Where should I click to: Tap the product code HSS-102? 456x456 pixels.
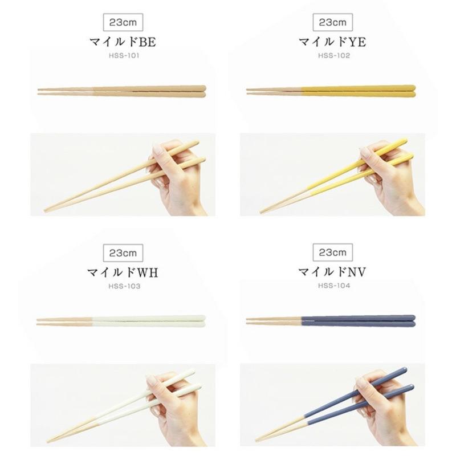click(x=333, y=56)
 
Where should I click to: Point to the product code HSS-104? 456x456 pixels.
click(x=333, y=286)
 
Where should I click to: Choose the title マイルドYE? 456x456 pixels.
click(x=333, y=42)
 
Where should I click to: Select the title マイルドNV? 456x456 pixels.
click(x=333, y=272)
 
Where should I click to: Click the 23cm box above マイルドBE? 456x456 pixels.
click(x=123, y=22)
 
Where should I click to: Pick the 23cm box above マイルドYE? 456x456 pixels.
click(x=333, y=22)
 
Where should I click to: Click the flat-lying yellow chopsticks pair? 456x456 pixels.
click(x=331, y=90)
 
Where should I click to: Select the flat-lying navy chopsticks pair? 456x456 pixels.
click(x=331, y=320)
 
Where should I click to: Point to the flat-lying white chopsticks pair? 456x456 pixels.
click(x=121, y=320)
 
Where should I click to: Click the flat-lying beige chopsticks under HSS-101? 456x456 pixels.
click(x=121, y=90)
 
